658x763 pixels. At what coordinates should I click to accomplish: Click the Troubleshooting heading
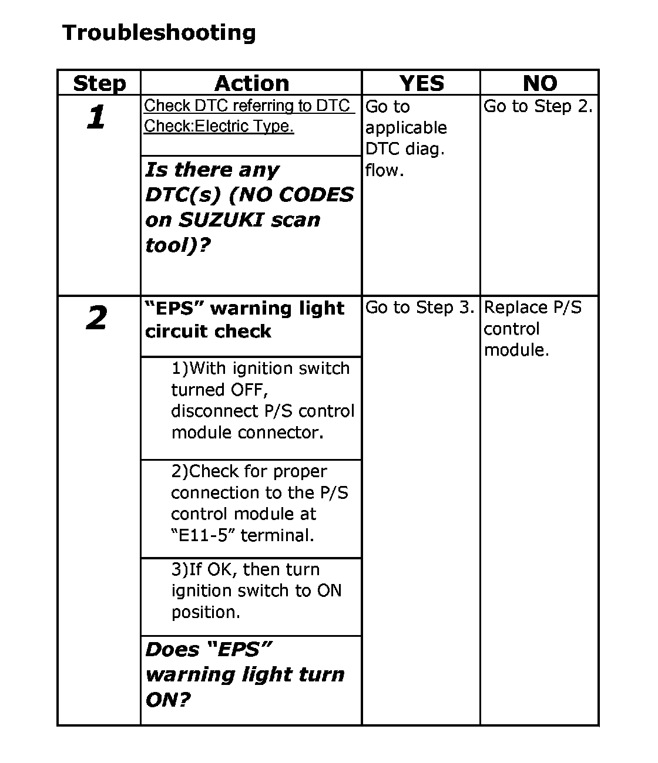pos(159,32)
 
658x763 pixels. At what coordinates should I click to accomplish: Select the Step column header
pos(99,83)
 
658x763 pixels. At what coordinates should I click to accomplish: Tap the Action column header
pos(251,83)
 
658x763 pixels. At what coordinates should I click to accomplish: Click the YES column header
pos(421,83)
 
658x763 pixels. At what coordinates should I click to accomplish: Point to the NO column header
pos(539,83)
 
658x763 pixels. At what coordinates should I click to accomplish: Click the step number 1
pos(96,117)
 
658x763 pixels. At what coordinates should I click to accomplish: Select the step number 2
pos(96,318)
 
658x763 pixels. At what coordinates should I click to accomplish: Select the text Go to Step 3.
pos(419,308)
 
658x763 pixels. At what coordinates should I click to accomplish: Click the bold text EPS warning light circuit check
pos(244,319)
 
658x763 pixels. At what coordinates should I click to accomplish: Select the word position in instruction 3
pos(206,612)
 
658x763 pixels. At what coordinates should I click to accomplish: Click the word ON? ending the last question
pos(168,700)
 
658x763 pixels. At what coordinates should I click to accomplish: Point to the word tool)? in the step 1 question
pos(178,245)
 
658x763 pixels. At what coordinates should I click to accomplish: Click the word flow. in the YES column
pos(384,170)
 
